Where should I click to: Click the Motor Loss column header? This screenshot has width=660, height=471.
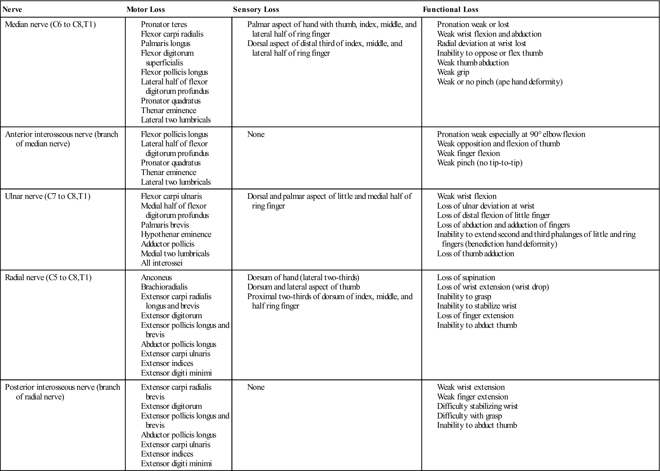145,10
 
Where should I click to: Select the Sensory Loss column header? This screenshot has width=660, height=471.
256,10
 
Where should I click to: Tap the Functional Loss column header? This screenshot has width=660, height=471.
450,10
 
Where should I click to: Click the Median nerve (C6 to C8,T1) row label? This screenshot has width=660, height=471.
50,24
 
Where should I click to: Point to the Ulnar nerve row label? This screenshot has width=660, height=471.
48,196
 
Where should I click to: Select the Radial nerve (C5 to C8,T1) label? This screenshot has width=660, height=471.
48,278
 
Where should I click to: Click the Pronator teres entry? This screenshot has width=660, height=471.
164,24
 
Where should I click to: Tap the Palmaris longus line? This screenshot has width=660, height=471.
166,43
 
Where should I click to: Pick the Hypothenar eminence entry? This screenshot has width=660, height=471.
176,234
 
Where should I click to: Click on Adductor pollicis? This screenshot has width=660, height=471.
168,244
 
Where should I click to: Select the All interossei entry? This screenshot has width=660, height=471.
162,263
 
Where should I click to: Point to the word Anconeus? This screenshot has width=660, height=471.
156,278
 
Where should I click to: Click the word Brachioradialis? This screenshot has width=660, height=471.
164,287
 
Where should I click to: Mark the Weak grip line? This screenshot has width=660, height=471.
453,72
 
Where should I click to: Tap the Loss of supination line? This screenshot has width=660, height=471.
466,278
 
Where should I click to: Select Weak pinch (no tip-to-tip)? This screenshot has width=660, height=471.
480,163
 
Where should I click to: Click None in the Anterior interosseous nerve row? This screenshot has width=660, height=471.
256,134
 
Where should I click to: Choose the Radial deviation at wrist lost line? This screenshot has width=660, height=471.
481,43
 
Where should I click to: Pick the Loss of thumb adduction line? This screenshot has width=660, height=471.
475,254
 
